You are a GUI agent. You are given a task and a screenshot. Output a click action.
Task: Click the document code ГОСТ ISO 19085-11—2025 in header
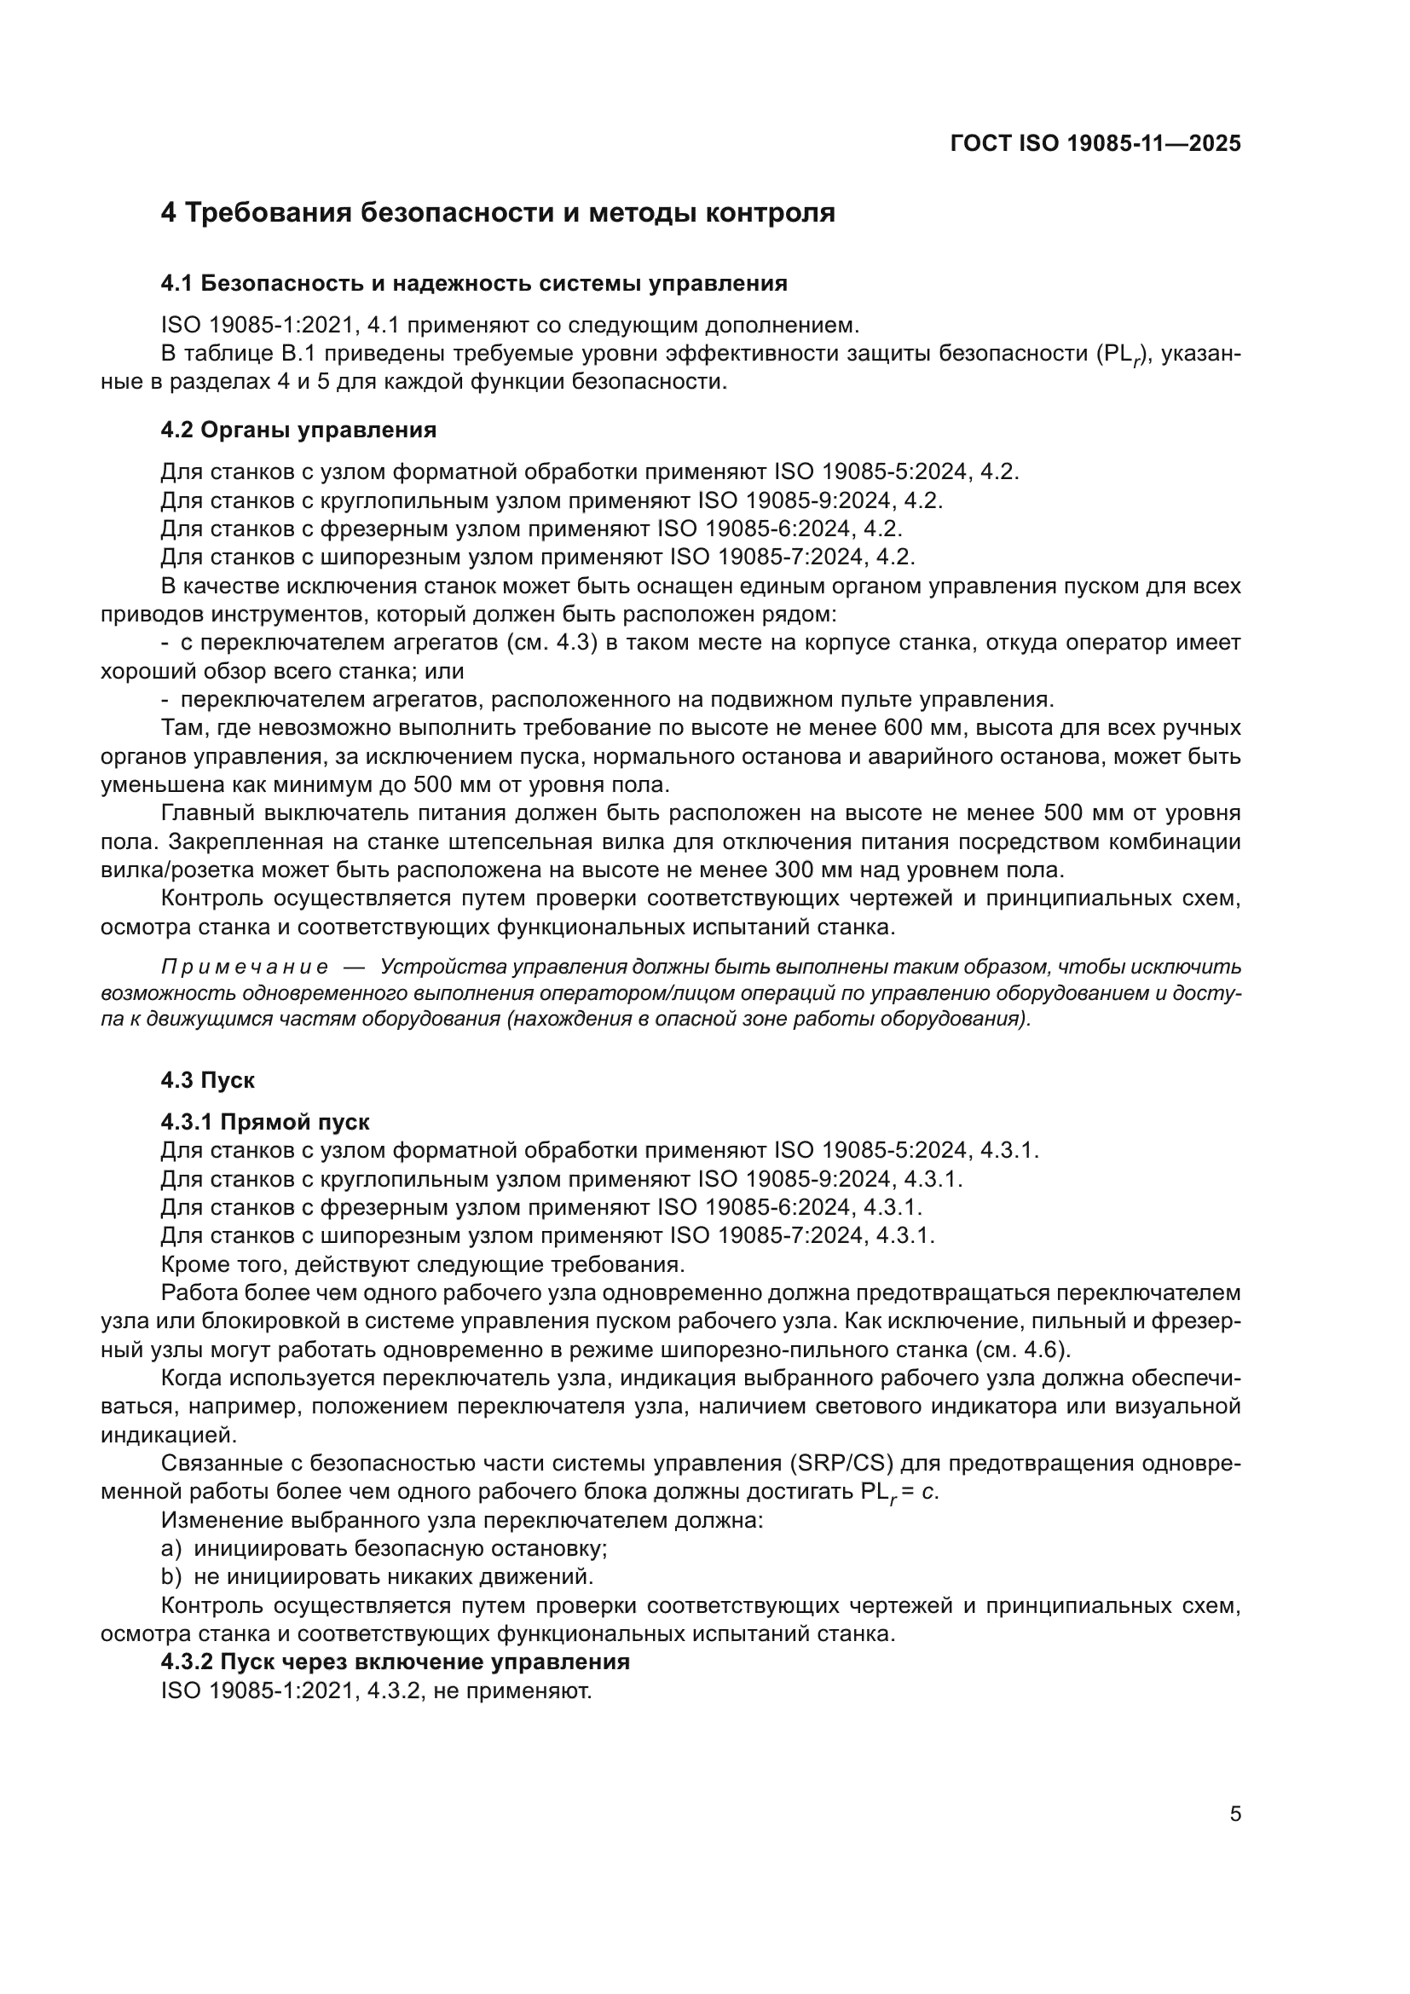(x=1095, y=143)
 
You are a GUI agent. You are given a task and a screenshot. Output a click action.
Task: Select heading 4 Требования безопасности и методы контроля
(x=498, y=213)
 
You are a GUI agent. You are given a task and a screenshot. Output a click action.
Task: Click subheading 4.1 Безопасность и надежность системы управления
(x=474, y=283)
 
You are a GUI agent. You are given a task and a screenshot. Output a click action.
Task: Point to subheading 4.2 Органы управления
(x=298, y=430)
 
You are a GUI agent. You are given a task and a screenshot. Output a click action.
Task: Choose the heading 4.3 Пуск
(x=207, y=1080)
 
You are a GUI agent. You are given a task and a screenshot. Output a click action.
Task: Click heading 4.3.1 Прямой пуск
(x=265, y=1122)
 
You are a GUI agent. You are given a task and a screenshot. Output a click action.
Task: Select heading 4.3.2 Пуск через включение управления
(x=395, y=1662)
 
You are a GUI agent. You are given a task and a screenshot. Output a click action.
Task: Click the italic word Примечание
(x=245, y=968)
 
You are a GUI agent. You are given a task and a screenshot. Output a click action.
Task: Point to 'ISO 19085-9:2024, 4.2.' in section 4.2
(x=819, y=501)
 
